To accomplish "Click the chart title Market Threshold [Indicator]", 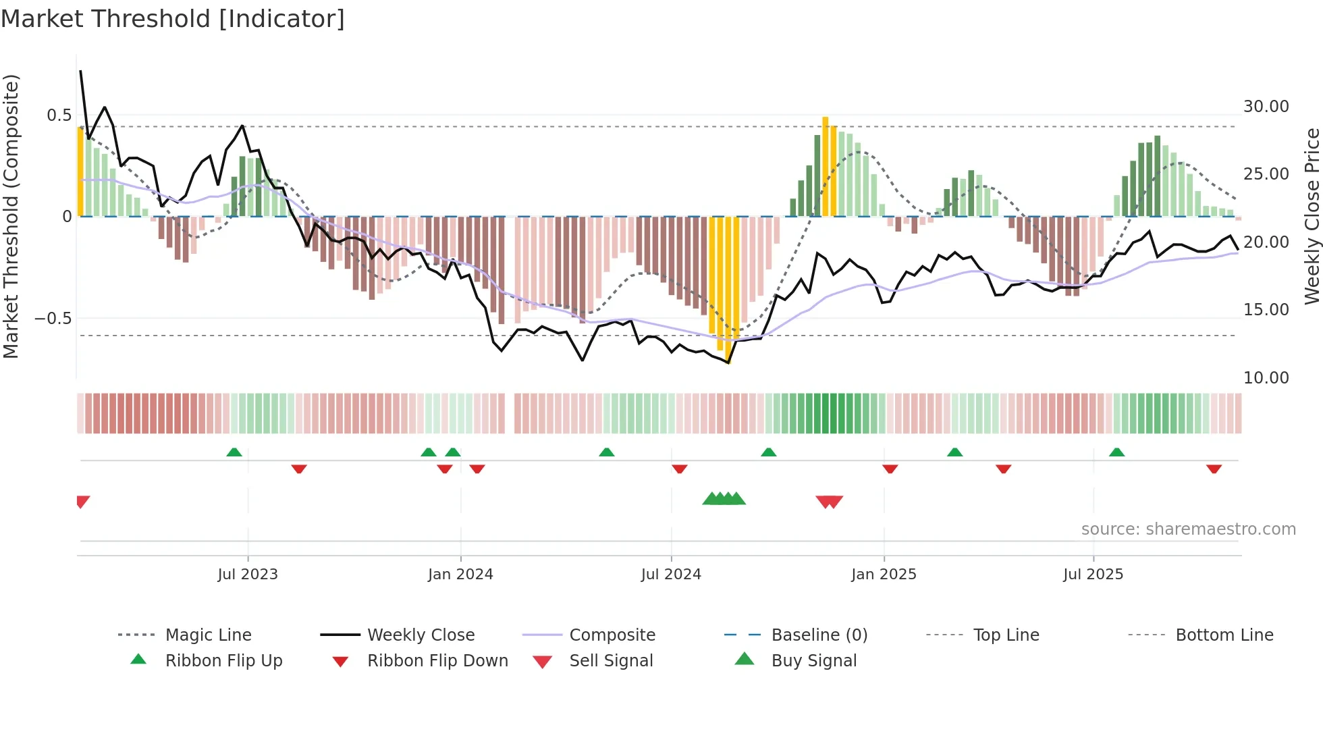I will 173,19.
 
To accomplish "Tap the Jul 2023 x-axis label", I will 248,575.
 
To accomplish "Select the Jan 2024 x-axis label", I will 460,575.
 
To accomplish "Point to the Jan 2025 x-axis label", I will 884,575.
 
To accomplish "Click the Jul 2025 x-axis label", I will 1093,575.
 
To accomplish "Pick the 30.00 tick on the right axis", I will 1266,107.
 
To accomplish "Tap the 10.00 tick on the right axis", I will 1266,378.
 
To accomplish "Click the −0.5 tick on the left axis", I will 53,318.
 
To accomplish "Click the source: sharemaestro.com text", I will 1188,529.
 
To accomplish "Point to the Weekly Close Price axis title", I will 1311,216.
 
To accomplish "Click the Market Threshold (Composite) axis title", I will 11,216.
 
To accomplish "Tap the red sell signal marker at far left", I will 82,501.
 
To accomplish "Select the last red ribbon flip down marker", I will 1214,469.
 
